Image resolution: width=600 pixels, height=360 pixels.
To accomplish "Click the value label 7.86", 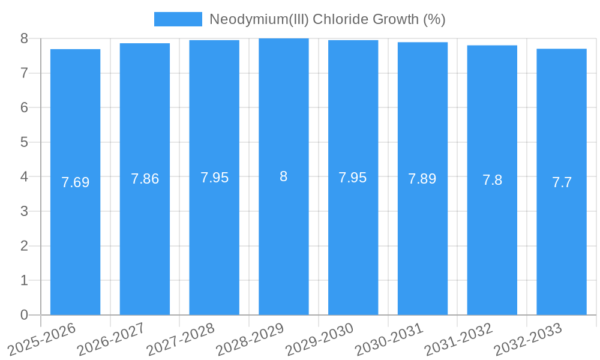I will pyautogui.click(x=145, y=179).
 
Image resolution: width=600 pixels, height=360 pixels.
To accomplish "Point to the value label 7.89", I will pyautogui.click(x=422, y=179).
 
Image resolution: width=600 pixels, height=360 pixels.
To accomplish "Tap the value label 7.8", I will pyautogui.click(x=492, y=180).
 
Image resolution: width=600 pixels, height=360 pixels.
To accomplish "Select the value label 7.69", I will pyautogui.click(x=75, y=182).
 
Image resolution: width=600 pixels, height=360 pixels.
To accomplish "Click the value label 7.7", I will pyautogui.click(x=562, y=182).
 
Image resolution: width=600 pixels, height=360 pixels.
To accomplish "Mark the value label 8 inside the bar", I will pyautogui.click(x=284, y=176).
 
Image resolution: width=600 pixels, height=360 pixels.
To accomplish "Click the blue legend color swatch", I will pyautogui.click(x=178, y=19).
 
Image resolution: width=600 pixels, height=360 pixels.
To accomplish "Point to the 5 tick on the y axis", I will pyautogui.click(x=24, y=142).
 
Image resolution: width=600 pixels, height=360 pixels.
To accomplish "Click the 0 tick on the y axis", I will pyautogui.click(x=24, y=315).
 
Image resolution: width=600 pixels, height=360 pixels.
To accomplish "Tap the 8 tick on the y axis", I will pyautogui.click(x=24, y=38).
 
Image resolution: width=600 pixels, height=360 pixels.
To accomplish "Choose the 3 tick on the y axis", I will pyautogui.click(x=24, y=211).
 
